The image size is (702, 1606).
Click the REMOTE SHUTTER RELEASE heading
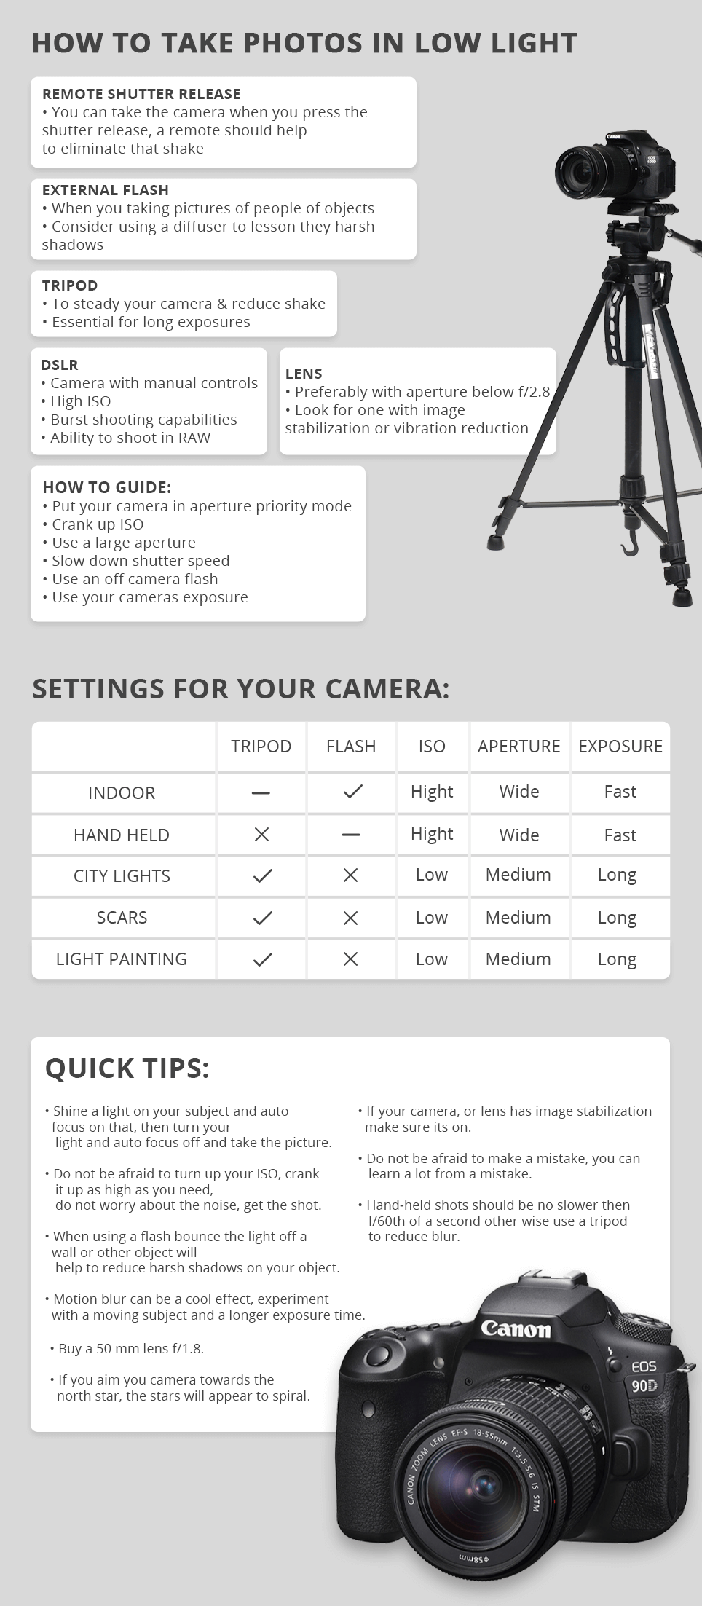141,94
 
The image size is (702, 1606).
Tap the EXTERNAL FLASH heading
106,190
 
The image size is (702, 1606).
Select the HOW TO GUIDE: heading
107,487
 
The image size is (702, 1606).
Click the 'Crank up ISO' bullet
98,524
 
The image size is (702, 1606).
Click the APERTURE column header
518,747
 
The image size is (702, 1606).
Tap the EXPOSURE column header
620,747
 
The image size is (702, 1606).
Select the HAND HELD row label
122,835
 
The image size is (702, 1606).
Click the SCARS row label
122,918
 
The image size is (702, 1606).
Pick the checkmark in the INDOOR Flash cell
352,792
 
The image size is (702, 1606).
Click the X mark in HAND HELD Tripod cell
261,835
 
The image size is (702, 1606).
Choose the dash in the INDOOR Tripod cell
261,792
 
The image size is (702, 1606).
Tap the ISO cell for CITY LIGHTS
432,875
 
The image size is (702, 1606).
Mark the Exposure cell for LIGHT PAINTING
617,959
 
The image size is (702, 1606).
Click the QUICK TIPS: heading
127,1068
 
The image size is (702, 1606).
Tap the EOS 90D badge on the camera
644,1376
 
